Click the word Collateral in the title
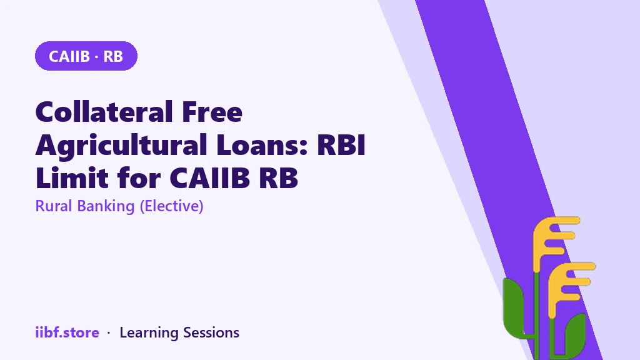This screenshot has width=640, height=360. (104, 112)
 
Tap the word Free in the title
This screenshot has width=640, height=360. (212, 112)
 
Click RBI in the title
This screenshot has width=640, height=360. (341, 145)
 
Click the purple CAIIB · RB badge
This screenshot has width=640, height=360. (86, 56)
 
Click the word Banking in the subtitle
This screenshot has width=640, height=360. (106, 206)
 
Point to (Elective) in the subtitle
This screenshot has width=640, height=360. (171, 206)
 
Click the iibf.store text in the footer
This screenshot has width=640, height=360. (67, 332)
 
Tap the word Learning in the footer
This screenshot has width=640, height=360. (149, 333)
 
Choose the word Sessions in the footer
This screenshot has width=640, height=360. (211, 332)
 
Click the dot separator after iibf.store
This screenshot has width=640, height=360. (109, 333)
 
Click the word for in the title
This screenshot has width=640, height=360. (138, 178)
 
